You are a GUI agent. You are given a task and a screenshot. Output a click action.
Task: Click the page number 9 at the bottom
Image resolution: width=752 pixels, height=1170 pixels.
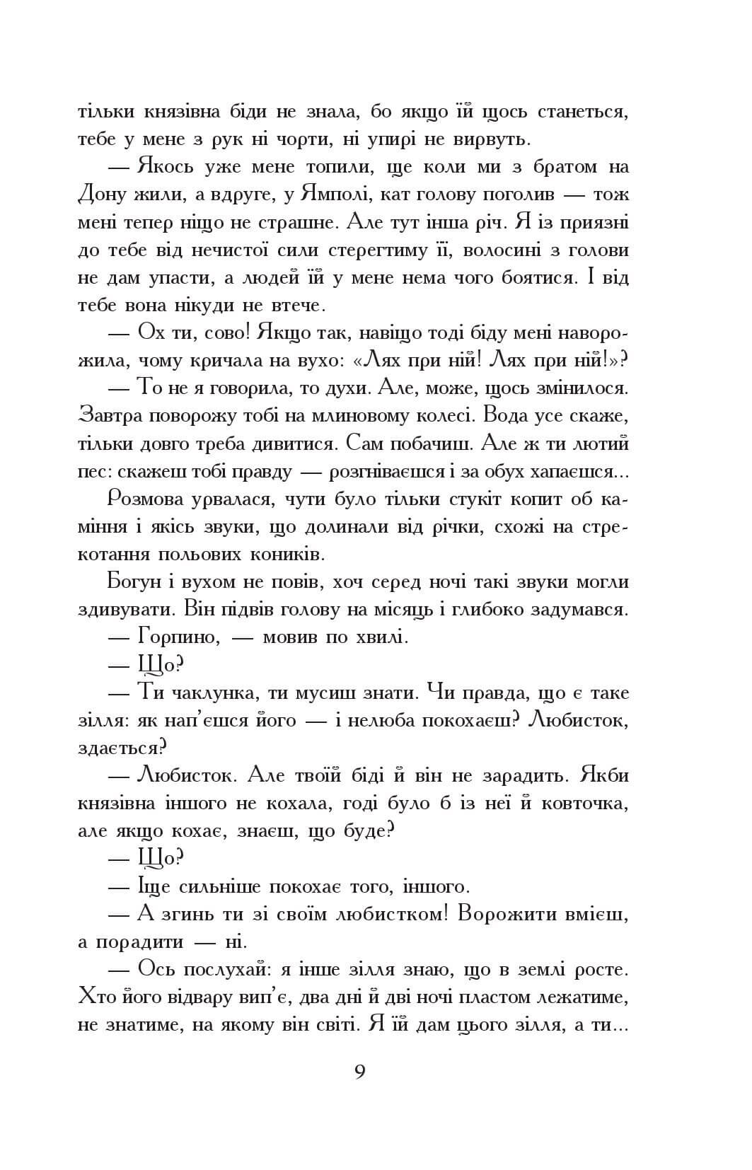(x=359, y=1072)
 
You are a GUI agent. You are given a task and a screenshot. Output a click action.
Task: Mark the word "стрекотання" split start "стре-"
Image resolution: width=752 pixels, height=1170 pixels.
(x=606, y=527)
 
